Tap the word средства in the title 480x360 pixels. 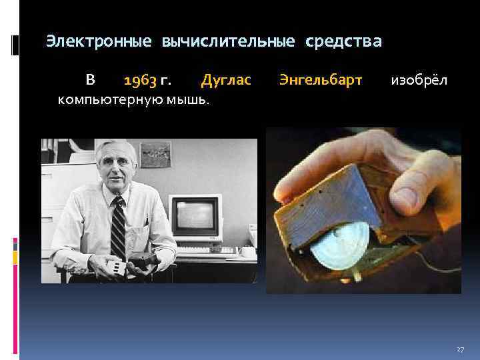coord(344,42)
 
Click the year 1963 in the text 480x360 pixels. coord(140,81)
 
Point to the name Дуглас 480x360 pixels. coord(226,81)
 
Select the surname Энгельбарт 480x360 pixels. coord(321,81)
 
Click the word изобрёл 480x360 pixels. coord(419,81)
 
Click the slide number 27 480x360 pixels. coord(460,349)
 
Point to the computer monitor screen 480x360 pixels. coord(195,218)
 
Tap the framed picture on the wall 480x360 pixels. coord(155,155)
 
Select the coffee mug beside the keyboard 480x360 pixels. coord(247,252)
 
